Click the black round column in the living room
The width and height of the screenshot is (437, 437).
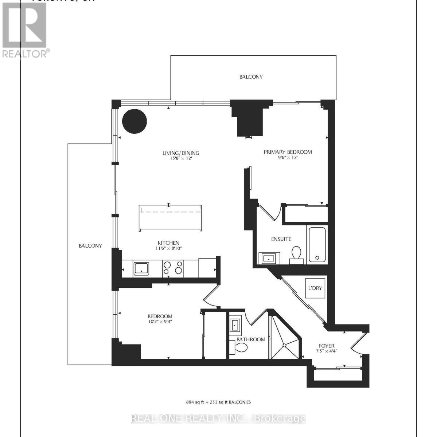pyautogui.click(x=134, y=121)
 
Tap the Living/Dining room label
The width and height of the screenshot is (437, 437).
pyautogui.click(x=181, y=153)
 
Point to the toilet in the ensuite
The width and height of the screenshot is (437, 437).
pyautogui.click(x=296, y=253)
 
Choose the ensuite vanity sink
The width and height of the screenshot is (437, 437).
pyautogui.click(x=269, y=258)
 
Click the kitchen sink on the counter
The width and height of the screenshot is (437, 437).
pyautogui.click(x=141, y=268)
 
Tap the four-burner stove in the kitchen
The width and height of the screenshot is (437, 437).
pyautogui.click(x=173, y=268)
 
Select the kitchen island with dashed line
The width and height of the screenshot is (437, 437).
pyautogui.click(x=170, y=218)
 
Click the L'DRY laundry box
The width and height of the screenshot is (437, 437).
pyautogui.click(x=315, y=288)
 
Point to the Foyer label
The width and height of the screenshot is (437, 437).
pyautogui.click(x=326, y=346)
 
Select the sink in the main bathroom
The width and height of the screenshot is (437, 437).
pyautogui.click(x=234, y=324)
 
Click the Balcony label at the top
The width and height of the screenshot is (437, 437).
pyautogui.click(x=251, y=77)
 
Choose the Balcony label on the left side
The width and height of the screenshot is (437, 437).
pyautogui.click(x=90, y=246)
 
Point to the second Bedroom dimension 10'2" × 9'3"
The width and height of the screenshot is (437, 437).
pyautogui.click(x=160, y=322)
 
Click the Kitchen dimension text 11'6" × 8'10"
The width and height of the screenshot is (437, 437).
pyautogui.click(x=168, y=248)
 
